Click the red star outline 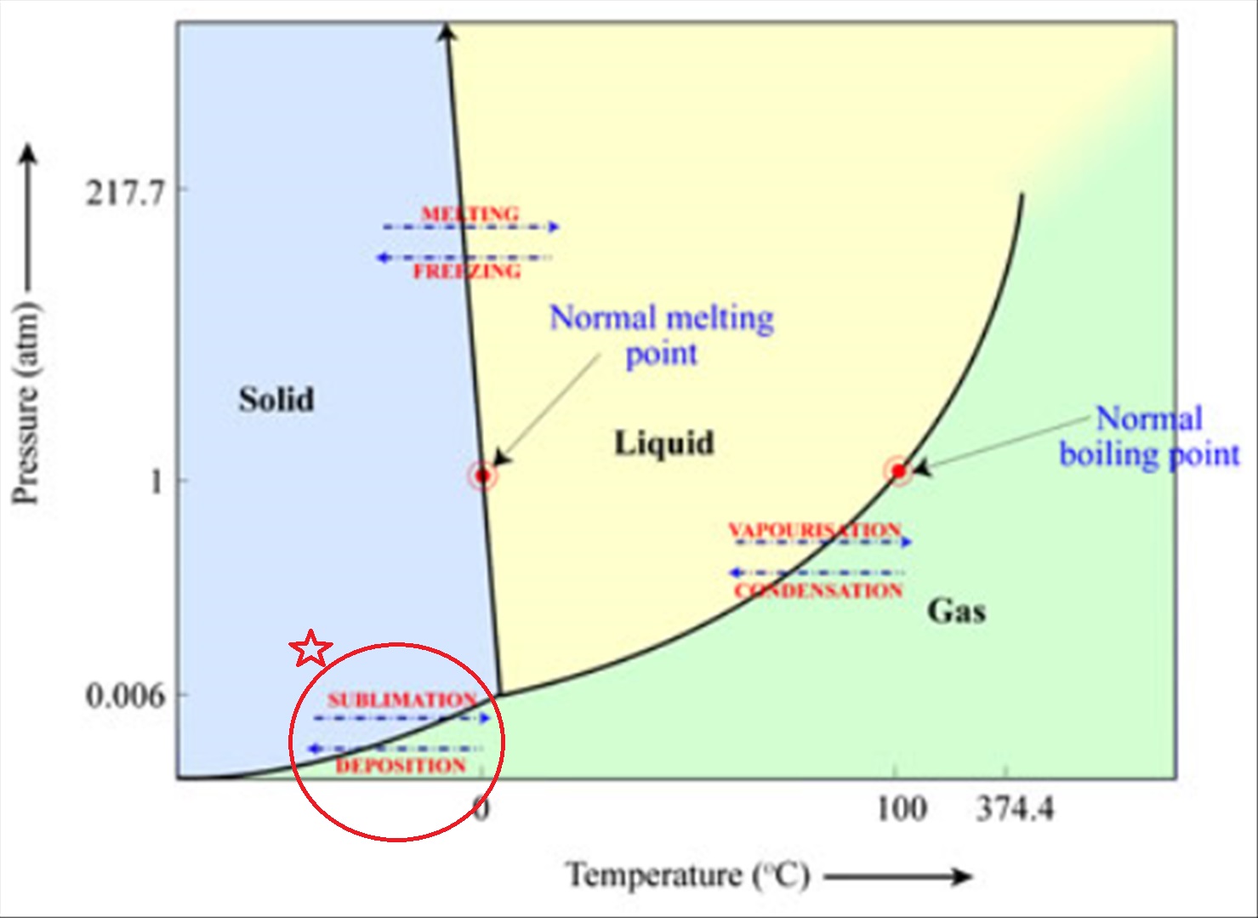click(x=310, y=649)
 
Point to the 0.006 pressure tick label click(x=125, y=696)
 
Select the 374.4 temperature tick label click(x=1015, y=808)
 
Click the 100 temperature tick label click(x=902, y=808)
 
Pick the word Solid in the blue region click(x=276, y=399)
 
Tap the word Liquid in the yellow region click(x=664, y=442)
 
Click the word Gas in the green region click(x=956, y=610)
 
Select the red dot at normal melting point click(x=482, y=476)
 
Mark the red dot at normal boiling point click(x=898, y=471)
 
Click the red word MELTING click(x=470, y=214)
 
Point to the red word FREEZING click(x=467, y=272)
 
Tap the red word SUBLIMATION click(x=402, y=700)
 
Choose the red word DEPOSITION click(x=401, y=766)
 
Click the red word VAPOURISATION click(x=815, y=530)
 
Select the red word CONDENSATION click(x=818, y=590)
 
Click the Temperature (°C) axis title click(x=688, y=875)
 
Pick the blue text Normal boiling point click(x=1149, y=436)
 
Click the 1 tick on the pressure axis click(x=156, y=482)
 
